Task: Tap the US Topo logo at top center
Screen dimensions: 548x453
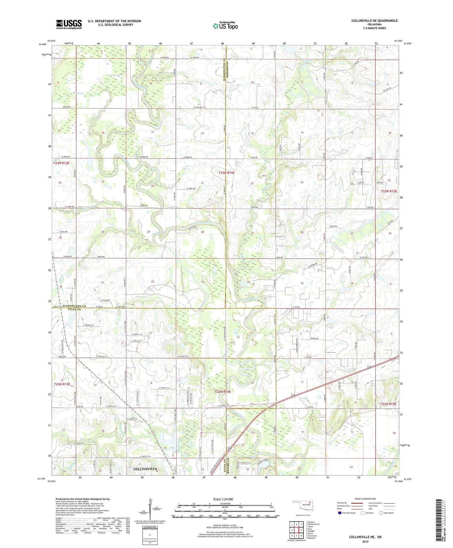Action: pos(225,26)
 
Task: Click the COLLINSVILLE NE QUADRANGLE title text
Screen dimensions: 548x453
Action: pos(374,21)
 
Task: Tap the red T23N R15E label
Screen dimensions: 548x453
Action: pos(389,191)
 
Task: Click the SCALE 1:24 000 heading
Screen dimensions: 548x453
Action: pos(223,499)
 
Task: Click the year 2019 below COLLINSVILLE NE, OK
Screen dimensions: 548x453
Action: pos(365,541)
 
